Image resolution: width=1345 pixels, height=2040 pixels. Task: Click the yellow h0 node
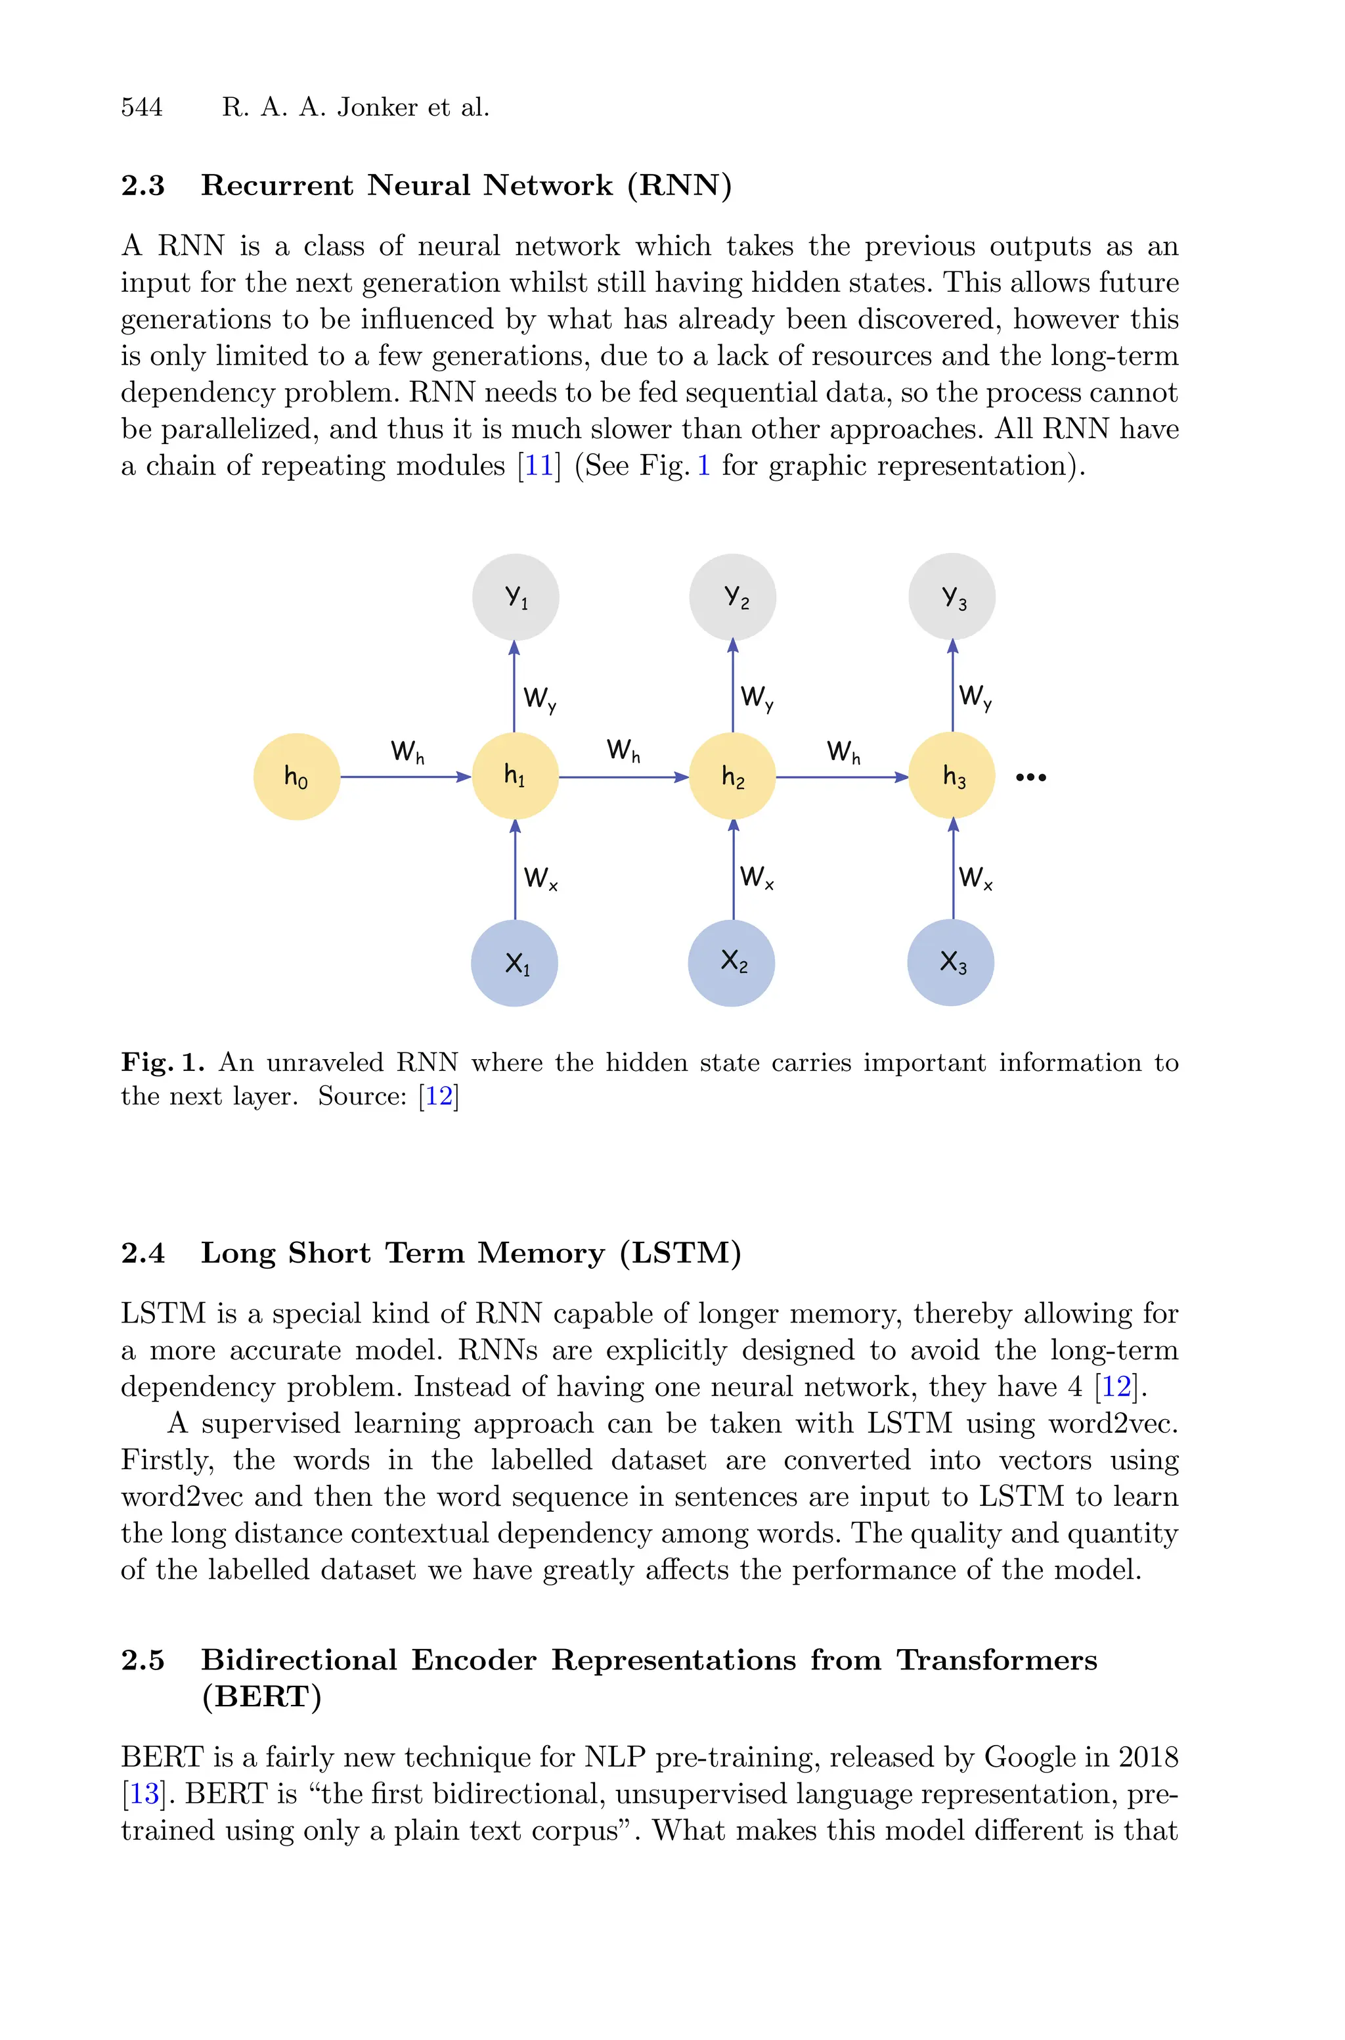click(x=297, y=777)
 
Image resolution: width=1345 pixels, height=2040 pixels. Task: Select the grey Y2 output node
click(x=732, y=597)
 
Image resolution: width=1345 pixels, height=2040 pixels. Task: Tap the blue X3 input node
click(x=950, y=963)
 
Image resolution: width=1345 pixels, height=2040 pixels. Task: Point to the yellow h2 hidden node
click(x=732, y=777)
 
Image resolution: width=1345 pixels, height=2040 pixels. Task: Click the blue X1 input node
click(x=515, y=963)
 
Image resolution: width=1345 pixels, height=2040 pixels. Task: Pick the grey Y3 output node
click(x=952, y=597)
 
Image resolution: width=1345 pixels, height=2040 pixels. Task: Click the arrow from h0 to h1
click(x=405, y=777)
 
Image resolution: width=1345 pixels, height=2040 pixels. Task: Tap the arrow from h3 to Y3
click(x=953, y=687)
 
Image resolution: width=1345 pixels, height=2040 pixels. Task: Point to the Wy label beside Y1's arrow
click(x=540, y=698)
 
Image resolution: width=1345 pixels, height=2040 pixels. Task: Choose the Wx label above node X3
click(x=975, y=878)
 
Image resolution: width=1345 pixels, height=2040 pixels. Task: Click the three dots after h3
click(x=1030, y=777)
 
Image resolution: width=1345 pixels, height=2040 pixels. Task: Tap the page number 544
click(x=142, y=107)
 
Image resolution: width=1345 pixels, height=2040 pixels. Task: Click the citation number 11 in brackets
click(x=539, y=466)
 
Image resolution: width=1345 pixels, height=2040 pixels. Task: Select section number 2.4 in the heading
click(x=143, y=1254)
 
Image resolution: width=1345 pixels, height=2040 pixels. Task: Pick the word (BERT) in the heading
click(x=261, y=1697)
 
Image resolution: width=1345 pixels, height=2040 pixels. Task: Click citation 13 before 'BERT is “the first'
click(x=144, y=1794)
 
